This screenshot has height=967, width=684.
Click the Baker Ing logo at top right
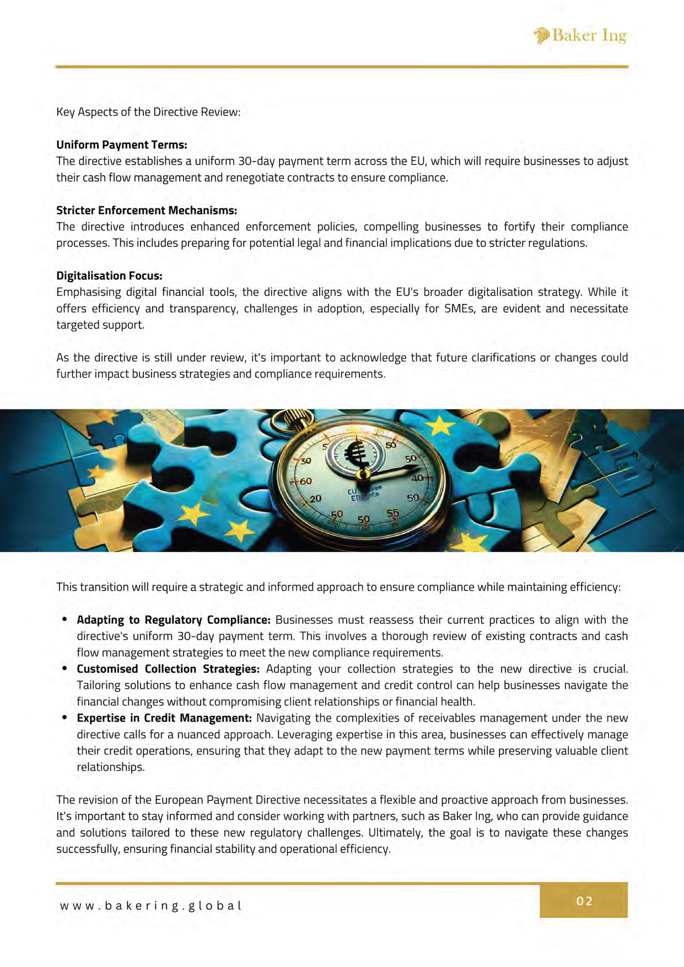click(x=580, y=36)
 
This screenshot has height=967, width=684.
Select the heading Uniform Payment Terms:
click(x=121, y=145)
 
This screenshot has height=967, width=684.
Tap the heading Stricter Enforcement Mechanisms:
click(x=147, y=210)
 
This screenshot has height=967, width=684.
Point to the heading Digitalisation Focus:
click(x=109, y=276)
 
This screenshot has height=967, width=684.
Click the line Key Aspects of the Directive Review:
click(x=148, y=112)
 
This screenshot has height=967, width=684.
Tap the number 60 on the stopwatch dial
click(x=305, y=481)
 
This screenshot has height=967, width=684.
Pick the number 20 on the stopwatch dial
click(x=315, y=499)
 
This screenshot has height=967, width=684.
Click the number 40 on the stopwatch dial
click(x=417, y=478)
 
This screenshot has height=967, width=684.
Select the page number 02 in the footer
click(x=584, y=901)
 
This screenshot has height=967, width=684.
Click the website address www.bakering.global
click(x=151, y=906)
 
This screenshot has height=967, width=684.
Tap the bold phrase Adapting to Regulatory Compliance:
click(x=173, y=620)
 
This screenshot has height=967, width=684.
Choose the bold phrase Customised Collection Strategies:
click(x=168, y=669)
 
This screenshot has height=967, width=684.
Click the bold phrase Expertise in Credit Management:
click(x=164, y=718)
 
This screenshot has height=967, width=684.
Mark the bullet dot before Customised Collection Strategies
click(x=64, y=668)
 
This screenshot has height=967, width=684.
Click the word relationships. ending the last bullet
click(x=110, y=767)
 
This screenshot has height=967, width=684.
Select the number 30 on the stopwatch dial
click(x=305, y=461)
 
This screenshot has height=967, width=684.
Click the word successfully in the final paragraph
click(x=88, y=849)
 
